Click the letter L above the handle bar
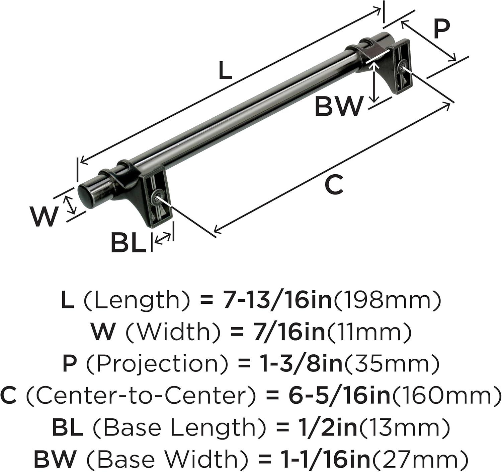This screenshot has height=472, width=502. coord(225,71)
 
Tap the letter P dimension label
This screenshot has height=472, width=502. coord(441,29)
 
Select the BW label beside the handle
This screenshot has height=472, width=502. coord(338,107)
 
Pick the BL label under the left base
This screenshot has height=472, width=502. coord(129,243)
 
